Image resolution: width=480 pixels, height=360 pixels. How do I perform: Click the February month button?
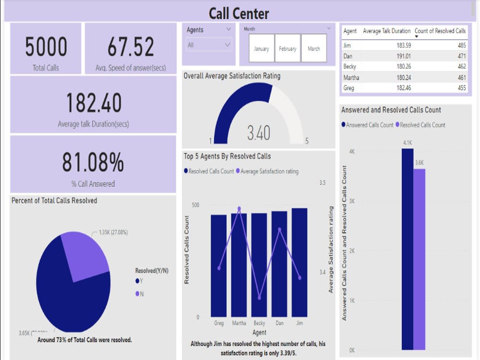click(x=288, y=48)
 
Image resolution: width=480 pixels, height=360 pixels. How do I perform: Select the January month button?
click(x=261, y=48)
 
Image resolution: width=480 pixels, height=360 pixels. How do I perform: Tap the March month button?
click(x=314, y=48)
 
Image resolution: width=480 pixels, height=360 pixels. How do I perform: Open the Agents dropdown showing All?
click(x=209, y=45)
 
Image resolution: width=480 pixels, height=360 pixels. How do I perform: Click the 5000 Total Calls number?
click(x=46, y=47)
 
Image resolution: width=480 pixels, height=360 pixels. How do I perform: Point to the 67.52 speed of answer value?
click(x=131, y=47)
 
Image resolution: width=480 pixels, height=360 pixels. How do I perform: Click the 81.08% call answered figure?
click(x=93, y=163)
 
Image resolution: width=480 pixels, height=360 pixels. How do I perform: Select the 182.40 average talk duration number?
click(x=94, y=103)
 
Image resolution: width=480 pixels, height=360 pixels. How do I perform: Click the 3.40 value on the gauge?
click(x=259, y=133)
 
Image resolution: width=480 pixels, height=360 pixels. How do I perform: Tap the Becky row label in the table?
click(x=350, y=67)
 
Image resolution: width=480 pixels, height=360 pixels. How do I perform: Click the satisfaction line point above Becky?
click(x=259, y=298)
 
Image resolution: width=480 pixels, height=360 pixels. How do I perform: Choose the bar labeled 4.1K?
click(x=408, y=250)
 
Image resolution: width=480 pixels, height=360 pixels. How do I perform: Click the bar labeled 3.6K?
click(x=419, y=259)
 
